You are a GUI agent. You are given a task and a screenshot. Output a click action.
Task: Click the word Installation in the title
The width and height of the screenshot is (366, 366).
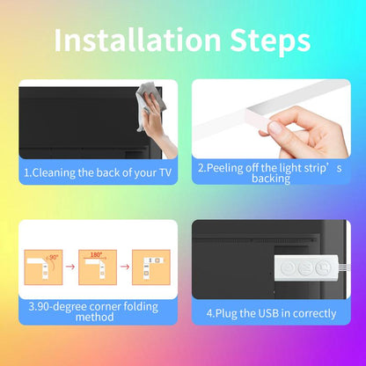click(x=137, y=40)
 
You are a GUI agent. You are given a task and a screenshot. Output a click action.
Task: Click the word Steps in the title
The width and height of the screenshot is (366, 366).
click(x=270, y=41)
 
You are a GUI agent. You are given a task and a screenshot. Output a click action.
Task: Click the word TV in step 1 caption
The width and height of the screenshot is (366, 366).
click(x=165, y=172)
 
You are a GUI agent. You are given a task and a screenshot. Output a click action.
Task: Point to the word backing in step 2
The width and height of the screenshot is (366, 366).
click(x=271, y=179)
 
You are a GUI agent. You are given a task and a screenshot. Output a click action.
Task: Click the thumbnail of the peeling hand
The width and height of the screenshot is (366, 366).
click(x=271, y=119)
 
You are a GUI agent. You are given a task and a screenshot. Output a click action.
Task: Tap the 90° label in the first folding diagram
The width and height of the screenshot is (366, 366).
click(x=54, y=257)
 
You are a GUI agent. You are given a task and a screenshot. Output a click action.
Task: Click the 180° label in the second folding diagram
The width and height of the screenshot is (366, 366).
click(x=96, y=254)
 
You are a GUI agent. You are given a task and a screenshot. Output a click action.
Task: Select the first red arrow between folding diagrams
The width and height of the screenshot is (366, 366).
click(x=70, y=267)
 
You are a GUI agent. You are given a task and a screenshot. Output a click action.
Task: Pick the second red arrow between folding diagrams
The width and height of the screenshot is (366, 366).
click(x=125, y=267)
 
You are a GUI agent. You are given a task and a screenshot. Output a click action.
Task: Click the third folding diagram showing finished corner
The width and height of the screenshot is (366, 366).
click(x=151, y=267)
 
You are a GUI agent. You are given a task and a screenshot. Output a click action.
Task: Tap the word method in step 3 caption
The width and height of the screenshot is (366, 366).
click(x=94, y=318)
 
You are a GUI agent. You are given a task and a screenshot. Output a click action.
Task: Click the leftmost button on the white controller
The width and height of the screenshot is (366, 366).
click(x=287, y=267)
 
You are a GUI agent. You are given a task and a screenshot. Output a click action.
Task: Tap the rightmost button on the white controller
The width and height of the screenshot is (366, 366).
click(x=322, y=267)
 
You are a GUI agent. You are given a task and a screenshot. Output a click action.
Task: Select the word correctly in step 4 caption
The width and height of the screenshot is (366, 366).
click(x=314, y=314)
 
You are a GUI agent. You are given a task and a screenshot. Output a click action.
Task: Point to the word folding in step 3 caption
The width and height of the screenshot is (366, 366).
click(x=141, y=307)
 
